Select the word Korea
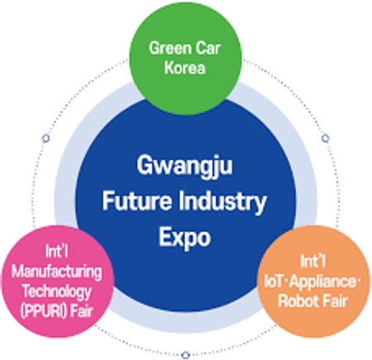coord(185,68)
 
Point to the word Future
coord(137,201)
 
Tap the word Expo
coord(184,238)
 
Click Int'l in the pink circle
coord(57,251)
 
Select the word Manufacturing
coord(57,272)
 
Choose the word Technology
coord(57,291)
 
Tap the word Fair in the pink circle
coord(81,311)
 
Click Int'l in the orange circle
coord(313,261)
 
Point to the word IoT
coord(274,282)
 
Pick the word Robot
coord(297,301)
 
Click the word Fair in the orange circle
coord(335,301)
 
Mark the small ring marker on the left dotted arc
coord(45,138)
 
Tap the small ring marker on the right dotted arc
coord(326,138)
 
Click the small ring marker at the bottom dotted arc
coord(186,354)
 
